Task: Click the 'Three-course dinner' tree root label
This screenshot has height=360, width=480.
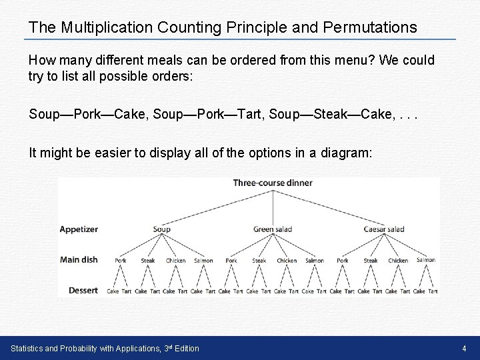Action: [x=273, y=183]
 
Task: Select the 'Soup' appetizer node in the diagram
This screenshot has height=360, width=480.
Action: [x=162, y=229]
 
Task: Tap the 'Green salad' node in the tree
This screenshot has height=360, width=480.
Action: [x=273, y=229]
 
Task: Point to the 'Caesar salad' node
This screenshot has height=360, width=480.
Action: [x=384, y=229]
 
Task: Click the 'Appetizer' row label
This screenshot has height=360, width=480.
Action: [x=79, y=229]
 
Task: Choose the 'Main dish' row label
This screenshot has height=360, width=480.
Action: [x=79, y=259]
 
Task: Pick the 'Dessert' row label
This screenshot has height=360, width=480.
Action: [x=83, y=290]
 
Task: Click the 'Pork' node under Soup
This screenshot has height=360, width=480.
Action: [x=121, y=261]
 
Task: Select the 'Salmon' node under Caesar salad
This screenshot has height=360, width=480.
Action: [x=425, y=260]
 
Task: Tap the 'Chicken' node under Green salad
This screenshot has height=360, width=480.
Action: [x=287, y=261]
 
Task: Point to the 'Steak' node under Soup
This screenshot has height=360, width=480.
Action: [x=148, y=261]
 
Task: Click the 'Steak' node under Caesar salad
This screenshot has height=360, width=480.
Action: [x=371, y=261]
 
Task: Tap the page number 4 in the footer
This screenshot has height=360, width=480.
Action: [x=464, y=348]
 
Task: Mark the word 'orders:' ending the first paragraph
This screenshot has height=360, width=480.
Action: [x=173, y=77]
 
